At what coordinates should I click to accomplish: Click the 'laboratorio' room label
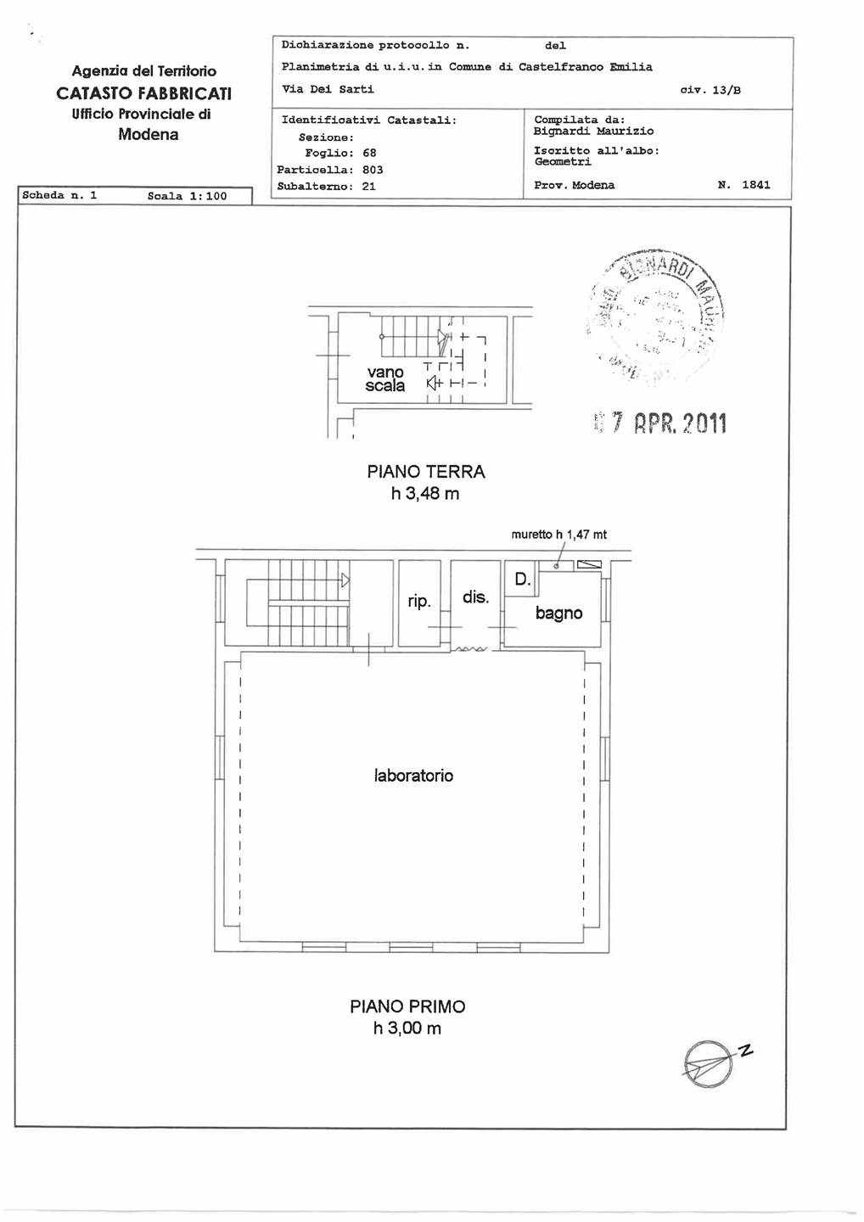click(413, 776)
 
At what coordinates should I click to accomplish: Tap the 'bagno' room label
click(558, 614)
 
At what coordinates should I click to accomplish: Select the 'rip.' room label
click(419, 602)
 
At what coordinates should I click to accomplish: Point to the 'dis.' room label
click(475, 597)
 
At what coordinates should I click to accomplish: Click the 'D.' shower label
click(522, 580)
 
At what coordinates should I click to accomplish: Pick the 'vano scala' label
click(385, 378)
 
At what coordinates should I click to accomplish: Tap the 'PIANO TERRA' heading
click(425, 472)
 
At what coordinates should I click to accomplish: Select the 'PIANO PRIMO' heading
click(407, 1006)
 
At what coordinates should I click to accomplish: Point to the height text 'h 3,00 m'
click(407, 1029)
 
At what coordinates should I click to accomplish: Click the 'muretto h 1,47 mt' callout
click(558, 535)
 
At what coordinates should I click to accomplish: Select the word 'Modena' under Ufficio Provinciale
click(149, 135)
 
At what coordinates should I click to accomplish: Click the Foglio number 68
click(369, 154)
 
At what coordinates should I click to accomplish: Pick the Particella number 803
click(373, 170)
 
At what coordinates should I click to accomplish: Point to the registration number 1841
click(755, 185)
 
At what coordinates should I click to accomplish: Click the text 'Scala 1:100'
click(187, 196)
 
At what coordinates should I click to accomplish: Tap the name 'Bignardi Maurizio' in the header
click(593, 132)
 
